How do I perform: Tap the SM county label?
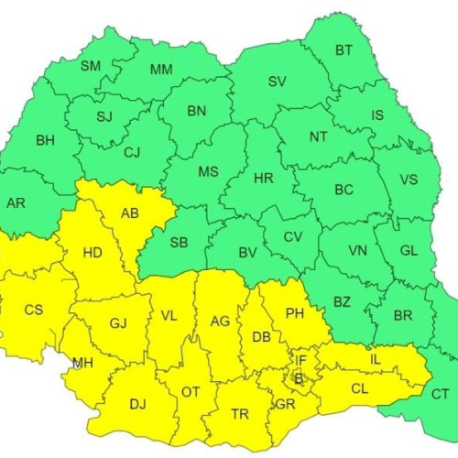tap(91, 65)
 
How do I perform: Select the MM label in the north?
tap(161, 69)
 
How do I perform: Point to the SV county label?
tap(277, 81)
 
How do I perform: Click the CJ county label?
tap(132, 152)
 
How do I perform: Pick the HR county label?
tap(263, 178)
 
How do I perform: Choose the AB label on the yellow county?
tap(129, 213)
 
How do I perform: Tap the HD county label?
tap(93, 253)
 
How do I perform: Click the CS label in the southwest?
tap(33, 310)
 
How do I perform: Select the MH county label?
tap(83, 362)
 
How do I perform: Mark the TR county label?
tap(240, 414)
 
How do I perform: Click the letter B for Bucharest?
tap(297, 376)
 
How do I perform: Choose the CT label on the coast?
tap(440, 394)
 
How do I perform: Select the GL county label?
tap(409, 251)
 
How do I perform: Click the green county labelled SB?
tap(180, 242)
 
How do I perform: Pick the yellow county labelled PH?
tap(294, 313)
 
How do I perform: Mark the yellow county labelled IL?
tap(375, 359)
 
